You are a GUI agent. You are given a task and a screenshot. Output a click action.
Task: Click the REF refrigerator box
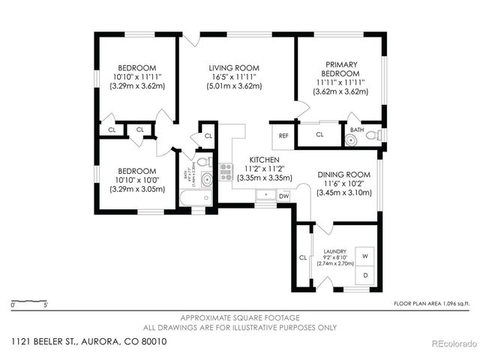coord(283,136)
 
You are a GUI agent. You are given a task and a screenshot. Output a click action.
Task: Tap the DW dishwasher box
coord(283,196)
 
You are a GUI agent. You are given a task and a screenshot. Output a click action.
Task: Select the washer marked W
coord(365,256)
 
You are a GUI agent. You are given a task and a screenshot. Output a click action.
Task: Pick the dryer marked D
coord(365,276)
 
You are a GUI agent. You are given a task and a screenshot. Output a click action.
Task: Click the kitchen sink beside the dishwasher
coord(265,195)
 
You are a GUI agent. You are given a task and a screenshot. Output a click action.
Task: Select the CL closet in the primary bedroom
coord(319,135)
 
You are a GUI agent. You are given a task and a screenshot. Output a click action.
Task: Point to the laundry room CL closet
coord(303,257)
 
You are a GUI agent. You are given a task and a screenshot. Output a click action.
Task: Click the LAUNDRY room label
coord(334,251)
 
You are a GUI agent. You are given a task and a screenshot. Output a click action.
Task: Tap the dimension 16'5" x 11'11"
coord(235,76)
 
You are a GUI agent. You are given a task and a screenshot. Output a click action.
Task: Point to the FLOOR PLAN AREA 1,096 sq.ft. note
coord(431,304)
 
